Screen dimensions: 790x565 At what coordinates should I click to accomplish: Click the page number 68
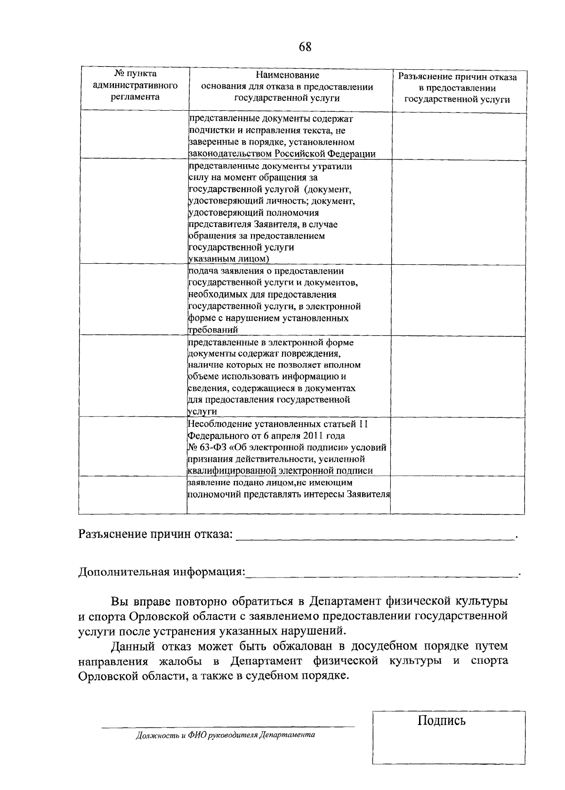305,47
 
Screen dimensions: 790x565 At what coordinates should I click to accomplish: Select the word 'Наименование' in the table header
287,75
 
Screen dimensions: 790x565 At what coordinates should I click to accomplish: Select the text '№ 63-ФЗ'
205,448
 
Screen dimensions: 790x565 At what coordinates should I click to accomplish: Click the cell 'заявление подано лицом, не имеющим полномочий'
289,489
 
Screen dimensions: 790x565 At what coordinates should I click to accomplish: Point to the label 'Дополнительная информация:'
161,572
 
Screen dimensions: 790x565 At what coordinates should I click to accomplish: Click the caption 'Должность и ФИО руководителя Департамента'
225,735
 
